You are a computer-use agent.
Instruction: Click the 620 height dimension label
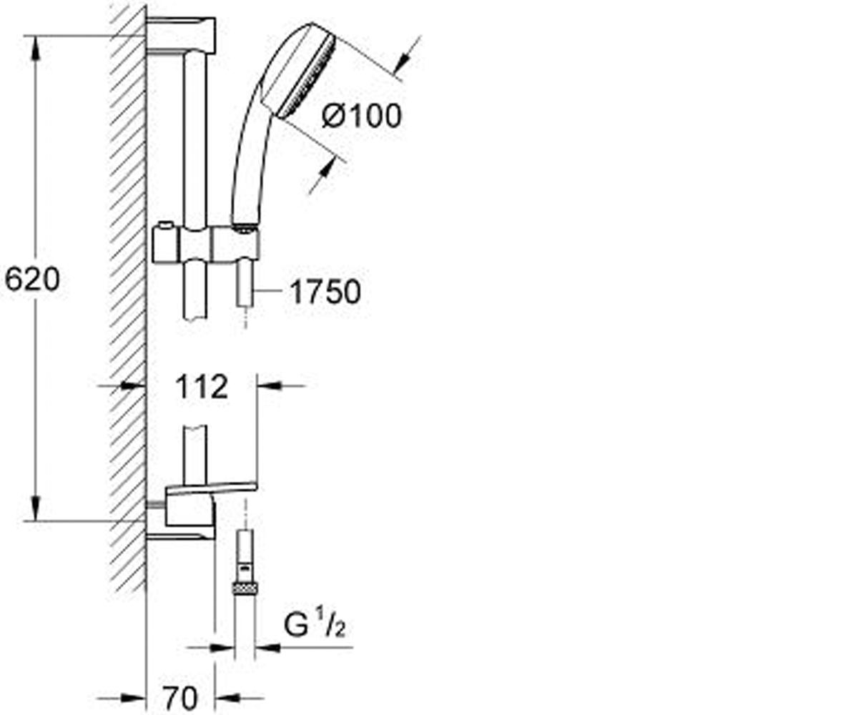[x=32, y=279]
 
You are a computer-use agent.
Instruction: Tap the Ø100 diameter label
[x=362, y=115]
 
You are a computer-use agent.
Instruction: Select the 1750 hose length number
[x=325, y=292]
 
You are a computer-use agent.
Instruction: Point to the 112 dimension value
[x=202, y=387]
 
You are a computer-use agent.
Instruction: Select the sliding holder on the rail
[x=206, y=245]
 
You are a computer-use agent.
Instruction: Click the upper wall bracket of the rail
[x=181, y=36]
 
